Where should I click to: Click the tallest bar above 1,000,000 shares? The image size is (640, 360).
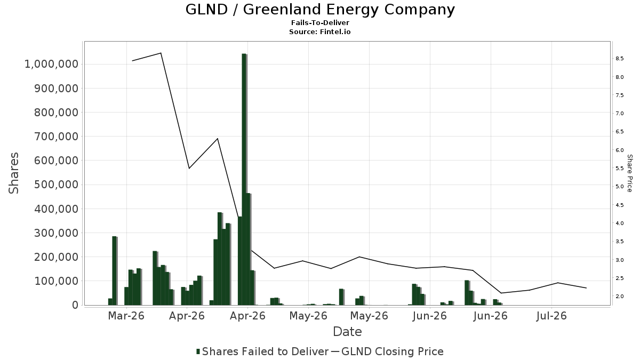pos(244,179)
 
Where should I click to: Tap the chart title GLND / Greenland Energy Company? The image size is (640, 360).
pos(320,10)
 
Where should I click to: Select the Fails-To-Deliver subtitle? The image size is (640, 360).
pos(320,23)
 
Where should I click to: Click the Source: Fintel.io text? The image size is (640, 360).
pos(319,31)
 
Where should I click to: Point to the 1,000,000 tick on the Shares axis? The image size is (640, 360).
pos(51,64)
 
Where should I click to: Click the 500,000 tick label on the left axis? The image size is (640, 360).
pos(57,185)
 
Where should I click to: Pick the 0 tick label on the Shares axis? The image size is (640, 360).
pos(75,305)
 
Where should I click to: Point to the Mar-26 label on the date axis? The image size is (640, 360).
pos(126,316)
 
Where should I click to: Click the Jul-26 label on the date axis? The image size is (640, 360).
pos(551,316)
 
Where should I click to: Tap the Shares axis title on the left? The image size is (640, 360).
pos(13,173)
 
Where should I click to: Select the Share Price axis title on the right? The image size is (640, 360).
pos(630,173)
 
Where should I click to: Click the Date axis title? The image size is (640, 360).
pos(347,332)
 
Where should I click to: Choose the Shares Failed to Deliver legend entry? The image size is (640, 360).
pos(262,351)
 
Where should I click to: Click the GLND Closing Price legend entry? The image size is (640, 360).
pos(387,351)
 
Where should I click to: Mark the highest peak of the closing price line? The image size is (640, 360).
pos(161,53)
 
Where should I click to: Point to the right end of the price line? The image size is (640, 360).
pos(586,287)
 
